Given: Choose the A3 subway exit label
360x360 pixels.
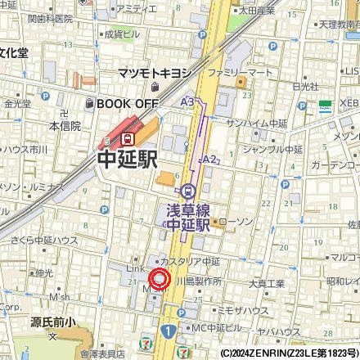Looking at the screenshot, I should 187,101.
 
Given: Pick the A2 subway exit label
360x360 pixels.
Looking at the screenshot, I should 209,159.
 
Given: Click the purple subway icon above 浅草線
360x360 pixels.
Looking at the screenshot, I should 189,191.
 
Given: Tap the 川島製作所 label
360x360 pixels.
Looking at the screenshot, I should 200,281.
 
